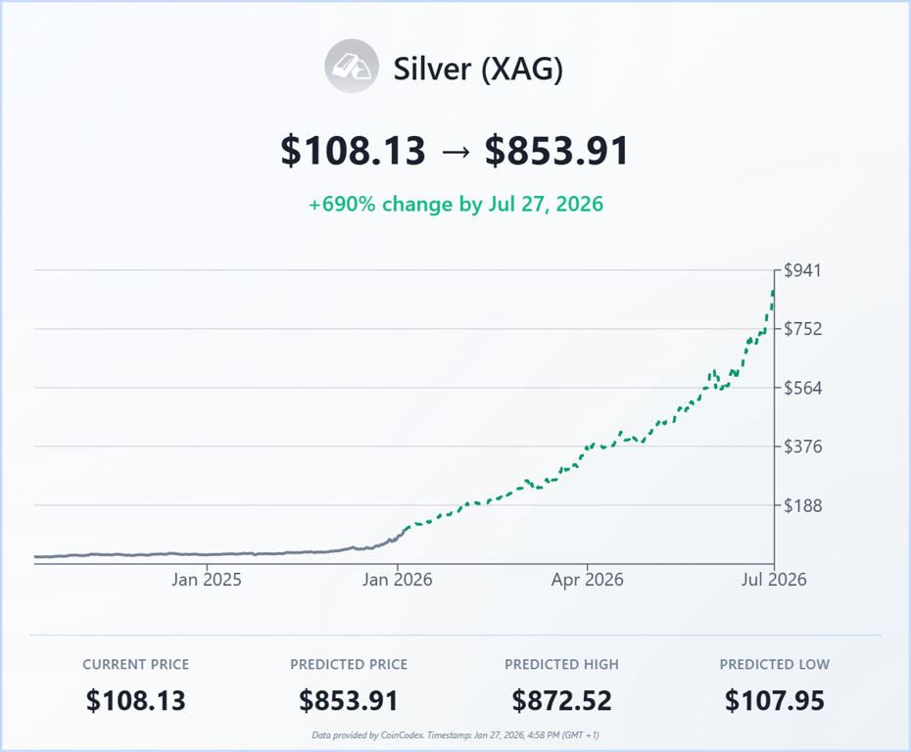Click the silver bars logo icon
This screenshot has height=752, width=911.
pos(352,67)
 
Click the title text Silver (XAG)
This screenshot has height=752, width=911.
pos(478,69)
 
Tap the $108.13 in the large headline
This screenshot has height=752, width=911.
pos(353,151)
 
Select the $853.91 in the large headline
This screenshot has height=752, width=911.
pos(556,151)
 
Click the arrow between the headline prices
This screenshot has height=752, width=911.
pos(455,152)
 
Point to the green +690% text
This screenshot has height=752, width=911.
pos(343,205)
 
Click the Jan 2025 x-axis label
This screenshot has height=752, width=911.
pos(207,580)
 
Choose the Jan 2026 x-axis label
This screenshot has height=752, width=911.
pos(397,580)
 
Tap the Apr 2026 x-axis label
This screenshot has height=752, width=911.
pos(587,580)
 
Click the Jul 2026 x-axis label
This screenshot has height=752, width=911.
pos(774,580)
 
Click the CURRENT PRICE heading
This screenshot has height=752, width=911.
pos(136,664)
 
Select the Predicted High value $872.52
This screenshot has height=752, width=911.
pos(561,701)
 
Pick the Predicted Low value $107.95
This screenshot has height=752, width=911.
pos(774,701)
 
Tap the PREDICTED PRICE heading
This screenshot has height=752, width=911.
pos(349,664)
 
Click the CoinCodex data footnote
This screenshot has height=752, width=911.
pos(455,734)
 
